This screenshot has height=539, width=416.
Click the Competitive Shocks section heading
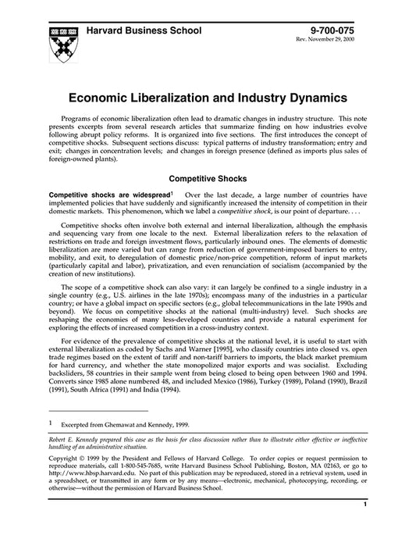pos(207,178)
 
